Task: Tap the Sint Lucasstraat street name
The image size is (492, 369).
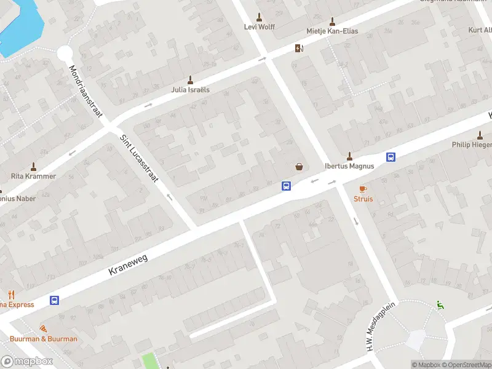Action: (139, 159)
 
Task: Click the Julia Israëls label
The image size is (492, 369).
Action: (190, 89)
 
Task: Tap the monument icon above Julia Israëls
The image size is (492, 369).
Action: (190, 79)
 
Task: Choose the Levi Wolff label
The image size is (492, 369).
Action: (259, 27)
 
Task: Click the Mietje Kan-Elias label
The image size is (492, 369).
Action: (332, 31)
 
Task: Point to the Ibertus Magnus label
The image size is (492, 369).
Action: (349, 165)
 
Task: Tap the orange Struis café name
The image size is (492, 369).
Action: (363, 199)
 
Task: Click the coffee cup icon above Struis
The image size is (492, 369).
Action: (363, 188)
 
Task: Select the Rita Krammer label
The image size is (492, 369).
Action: (33, 176)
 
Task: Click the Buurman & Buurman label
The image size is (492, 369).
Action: (43, 339)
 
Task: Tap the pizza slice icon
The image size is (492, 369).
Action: (43, 328)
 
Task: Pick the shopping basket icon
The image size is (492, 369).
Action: (300, 166)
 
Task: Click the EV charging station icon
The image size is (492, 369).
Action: (299, 49)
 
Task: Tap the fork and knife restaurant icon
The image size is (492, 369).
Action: (11, 295)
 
